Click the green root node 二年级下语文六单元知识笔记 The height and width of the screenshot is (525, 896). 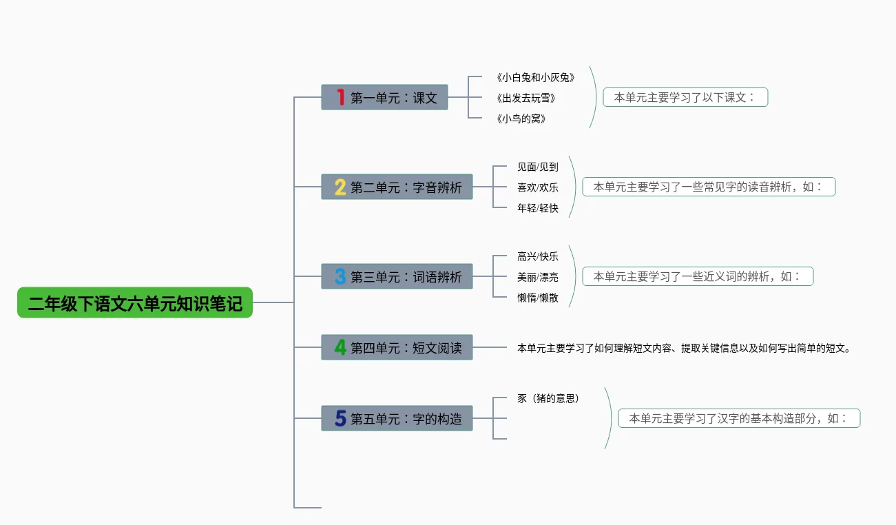(x=135, y=302)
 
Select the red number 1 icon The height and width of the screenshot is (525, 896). (x=340, y=97)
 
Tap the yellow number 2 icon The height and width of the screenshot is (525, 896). (x=340, y=187)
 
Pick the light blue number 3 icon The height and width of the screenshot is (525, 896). (x=340, y=276)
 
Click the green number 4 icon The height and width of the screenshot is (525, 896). (x=340, y=347)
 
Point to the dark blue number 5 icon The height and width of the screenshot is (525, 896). (x=340, y=418)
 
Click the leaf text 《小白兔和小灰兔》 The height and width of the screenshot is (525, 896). (x=535, y=77)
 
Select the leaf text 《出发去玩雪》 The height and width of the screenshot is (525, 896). (x=525, y=98)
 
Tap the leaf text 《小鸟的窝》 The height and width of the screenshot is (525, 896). (x=521, y=119)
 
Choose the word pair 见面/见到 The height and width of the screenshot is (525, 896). (x=538, y=167)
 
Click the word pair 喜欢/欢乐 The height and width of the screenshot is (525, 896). (x=538, y=187)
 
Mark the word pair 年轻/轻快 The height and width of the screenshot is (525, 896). (x=538, y=208)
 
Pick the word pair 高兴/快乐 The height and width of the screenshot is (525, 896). (x=538, y=256)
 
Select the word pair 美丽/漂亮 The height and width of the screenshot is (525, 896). (x=538, y=277)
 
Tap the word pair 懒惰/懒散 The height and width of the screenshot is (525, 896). (x=538, y=298)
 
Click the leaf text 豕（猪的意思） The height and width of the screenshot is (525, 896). (x=548, y=398)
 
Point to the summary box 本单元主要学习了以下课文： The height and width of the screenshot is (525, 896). (x=685, y=97)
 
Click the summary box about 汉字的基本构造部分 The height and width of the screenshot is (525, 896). (x=739, y=418)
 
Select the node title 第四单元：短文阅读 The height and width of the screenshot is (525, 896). (x=406, y=348)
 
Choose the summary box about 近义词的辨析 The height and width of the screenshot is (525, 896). (x=698, y=276)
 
